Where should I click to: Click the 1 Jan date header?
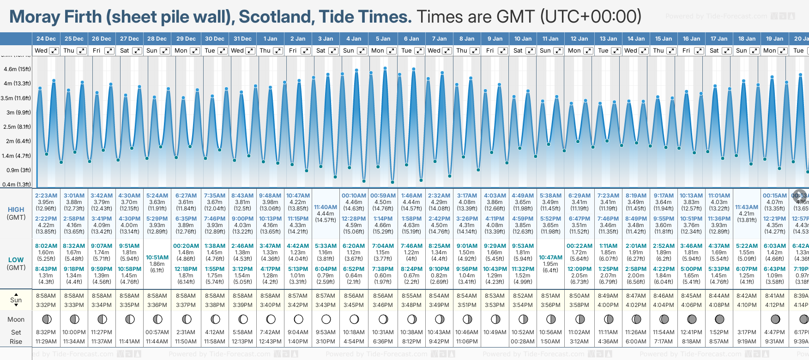point(270,39)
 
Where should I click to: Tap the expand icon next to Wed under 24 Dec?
point(54,51)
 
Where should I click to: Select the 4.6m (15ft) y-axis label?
point(17,69)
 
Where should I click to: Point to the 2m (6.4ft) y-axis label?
point(17,141)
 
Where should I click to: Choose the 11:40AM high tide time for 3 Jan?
point(326,207)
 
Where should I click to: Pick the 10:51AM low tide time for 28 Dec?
point(157,258)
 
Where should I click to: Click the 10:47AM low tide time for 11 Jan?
point(550,258)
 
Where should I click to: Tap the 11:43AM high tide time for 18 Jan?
point(747,207)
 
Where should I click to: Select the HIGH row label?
point(16,210)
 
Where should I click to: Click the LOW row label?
point(16,260)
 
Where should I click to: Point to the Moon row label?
point(16,319)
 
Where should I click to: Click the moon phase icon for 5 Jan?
point(383,319)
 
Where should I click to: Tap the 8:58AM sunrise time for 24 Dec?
point(46,296)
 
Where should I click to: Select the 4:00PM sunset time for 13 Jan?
point(608,305)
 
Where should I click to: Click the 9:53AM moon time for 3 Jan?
point(326,332)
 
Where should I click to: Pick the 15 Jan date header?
point(664,39)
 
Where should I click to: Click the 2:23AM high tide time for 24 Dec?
point(46,196)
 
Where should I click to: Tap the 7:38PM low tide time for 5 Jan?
point(383,269)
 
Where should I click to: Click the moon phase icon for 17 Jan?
point(719,319)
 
